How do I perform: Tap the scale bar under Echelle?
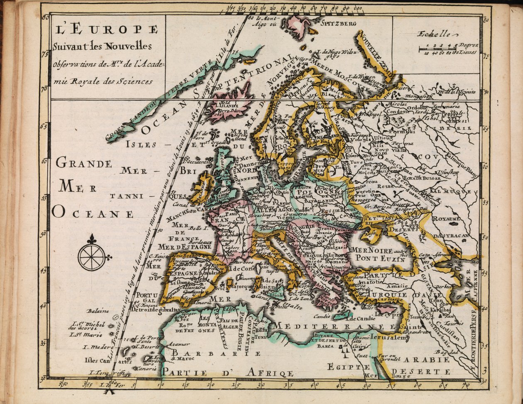[x=438, y=49]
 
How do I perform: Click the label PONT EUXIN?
[x=378, y=259]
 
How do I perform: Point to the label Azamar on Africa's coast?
[x=178, y=344]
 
